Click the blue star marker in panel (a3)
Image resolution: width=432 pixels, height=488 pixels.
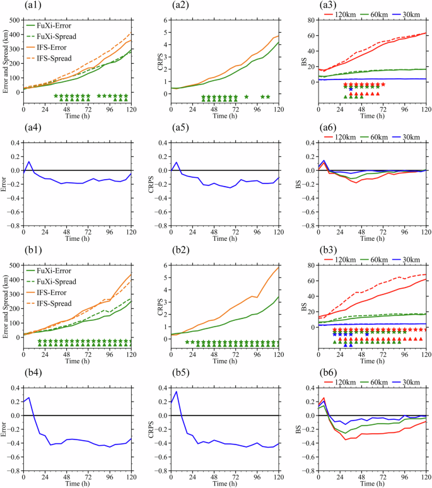pos(351,90)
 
